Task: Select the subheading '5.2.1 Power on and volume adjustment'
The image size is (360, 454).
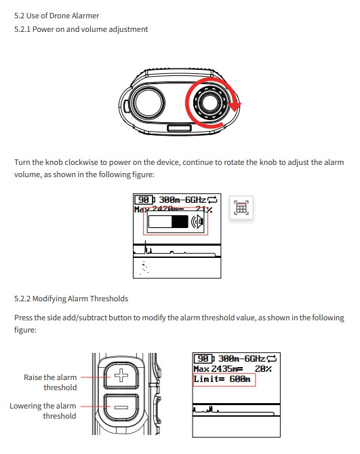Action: [x=81, y=29]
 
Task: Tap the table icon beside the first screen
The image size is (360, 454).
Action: [x=241, y=208]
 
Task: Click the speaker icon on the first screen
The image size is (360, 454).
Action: [x=198, y=223]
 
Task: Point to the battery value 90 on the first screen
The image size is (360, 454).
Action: [x=144, y=200]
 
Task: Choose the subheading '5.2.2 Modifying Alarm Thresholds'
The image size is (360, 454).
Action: [x=71, y=299]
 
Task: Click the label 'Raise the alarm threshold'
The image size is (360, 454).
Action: [x=51, y=382]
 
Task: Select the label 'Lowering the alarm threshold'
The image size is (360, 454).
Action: [x=43, y=411]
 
